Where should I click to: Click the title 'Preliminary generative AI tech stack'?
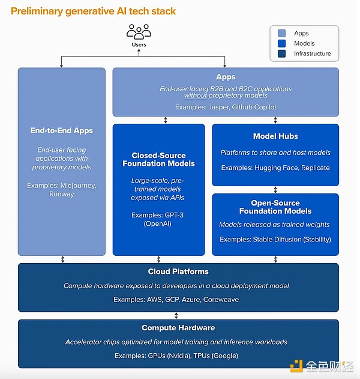[x=94, y=11]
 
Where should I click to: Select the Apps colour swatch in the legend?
[x=282, y=34]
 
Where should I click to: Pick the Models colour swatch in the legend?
[x=282, y=43]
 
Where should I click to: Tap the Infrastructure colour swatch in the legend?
[x=282, y=53]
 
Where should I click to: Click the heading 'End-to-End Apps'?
[x=62, y=130]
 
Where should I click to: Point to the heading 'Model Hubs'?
[x=275, y=136]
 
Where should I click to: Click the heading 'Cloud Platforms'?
[x=178, y=271]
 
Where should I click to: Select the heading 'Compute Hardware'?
[x=178, y=328]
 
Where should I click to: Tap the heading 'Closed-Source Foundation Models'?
[x=158, y=159]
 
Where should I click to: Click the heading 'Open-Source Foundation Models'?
[x=275, y=207]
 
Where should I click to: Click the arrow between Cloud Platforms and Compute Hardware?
[x=178, y=315]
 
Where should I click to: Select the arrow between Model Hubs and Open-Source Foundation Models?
[x=275, y=190]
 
